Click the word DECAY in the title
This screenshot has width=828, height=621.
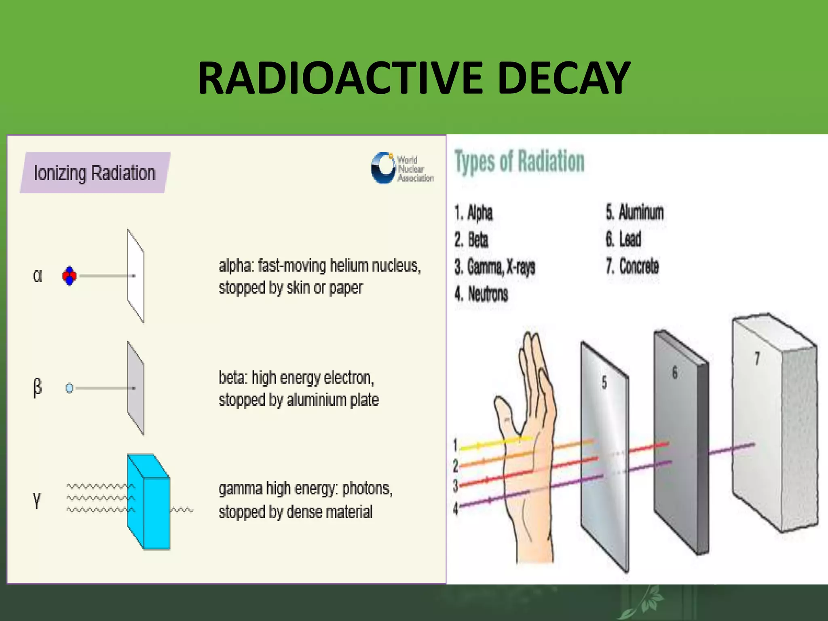(x=564, y=78)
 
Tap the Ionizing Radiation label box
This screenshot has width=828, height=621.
(x=95, y=173)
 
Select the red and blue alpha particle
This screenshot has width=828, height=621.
(x=69, y=276)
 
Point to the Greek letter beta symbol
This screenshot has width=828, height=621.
(x=37, y=388)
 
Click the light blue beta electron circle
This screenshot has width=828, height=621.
(x=69, y=388)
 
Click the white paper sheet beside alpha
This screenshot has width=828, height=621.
(x=135, y=276)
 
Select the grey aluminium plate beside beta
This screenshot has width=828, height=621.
(x=135, y=388)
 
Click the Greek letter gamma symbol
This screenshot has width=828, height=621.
(x=37, y=500)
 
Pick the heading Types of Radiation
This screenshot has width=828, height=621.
(x=520, y=162)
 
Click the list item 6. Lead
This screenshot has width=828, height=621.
(x=623, y=239)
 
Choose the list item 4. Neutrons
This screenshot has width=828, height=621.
(x=481, y=294)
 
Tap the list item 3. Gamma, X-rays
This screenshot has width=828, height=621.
(x=494, y=267)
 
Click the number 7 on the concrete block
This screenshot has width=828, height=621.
(x=757, y=358)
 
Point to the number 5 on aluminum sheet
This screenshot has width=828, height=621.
(x=604, y=382)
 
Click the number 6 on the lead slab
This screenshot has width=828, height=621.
(x=674, y=373)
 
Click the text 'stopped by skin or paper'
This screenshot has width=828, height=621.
(x=290, y=288)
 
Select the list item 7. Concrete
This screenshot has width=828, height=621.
(x=632, y=266)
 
